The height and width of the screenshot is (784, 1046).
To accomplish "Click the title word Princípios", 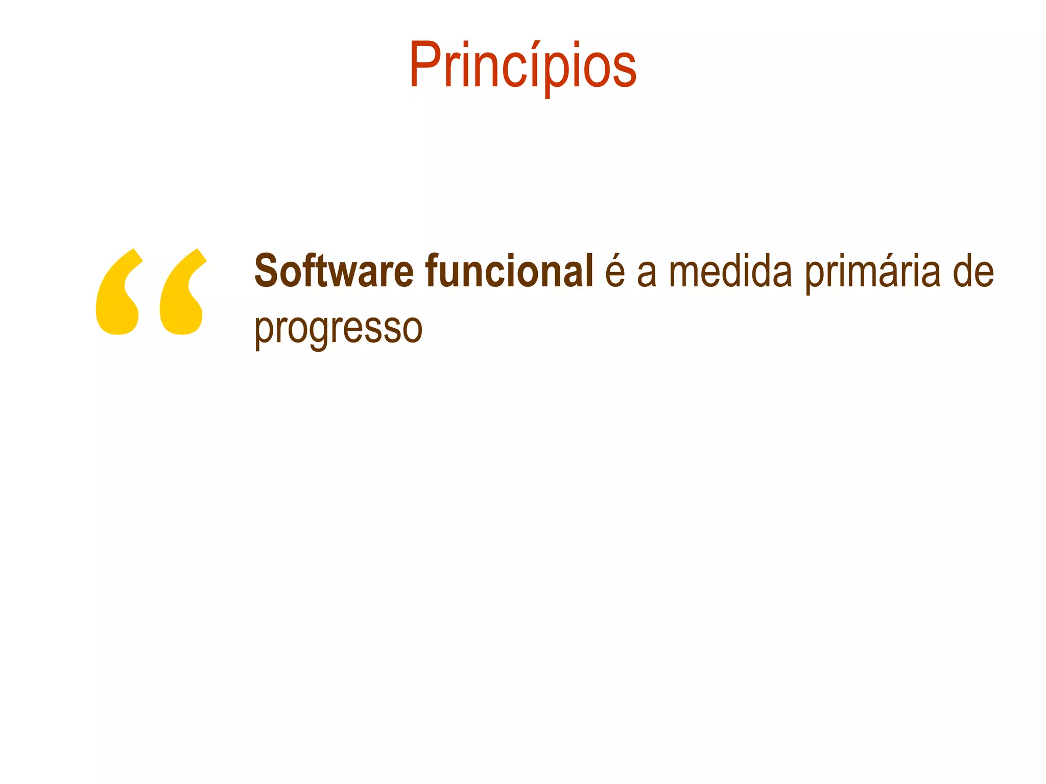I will (x=522, y=66).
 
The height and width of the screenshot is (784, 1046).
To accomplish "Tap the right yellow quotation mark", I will (x=182, y=292).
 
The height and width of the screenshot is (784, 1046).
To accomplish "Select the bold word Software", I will (x=334, y=272).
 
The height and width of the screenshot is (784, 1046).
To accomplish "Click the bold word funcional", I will (x=509, y=272).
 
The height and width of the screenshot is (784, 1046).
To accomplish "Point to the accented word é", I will (x=615, y=272).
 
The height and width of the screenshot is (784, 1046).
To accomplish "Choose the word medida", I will (x=730, y=272).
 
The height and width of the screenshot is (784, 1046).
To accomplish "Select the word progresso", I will (x=338, y=329).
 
